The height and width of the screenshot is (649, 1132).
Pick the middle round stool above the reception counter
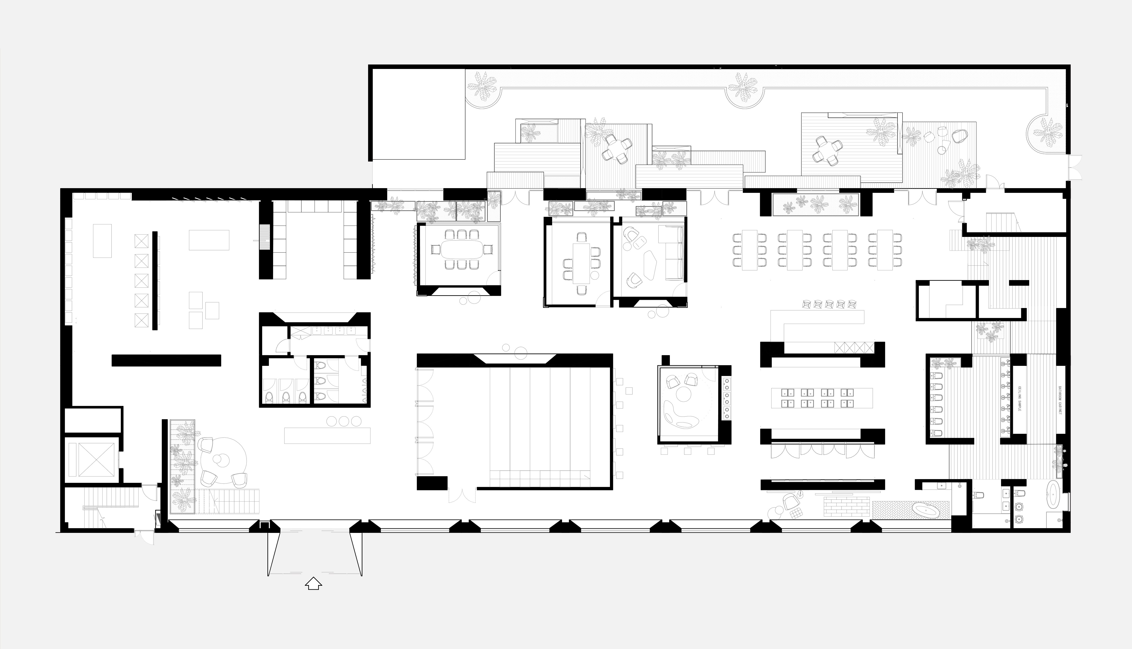tap(344, 421)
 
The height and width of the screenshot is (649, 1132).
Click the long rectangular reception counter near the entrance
tap(327, 436)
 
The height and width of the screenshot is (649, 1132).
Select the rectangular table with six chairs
tap(581, 263)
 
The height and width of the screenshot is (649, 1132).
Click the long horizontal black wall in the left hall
tap(166, 360)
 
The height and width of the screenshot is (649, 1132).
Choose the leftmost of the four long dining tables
tap(750, 250)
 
